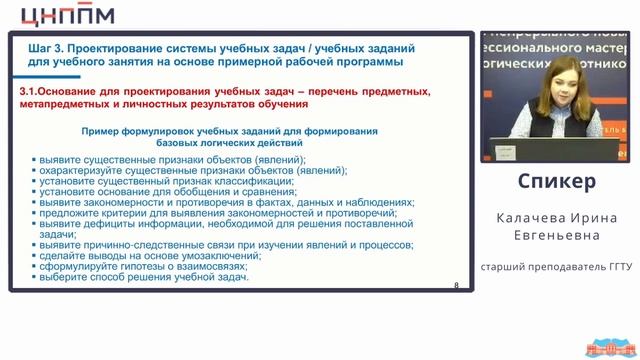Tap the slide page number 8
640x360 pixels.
457,285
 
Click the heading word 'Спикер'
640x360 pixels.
557,181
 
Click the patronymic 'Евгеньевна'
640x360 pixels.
557,236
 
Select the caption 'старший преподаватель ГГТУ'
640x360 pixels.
557,268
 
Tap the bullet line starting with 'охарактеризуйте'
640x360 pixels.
175,170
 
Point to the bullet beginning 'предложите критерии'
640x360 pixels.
220,213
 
